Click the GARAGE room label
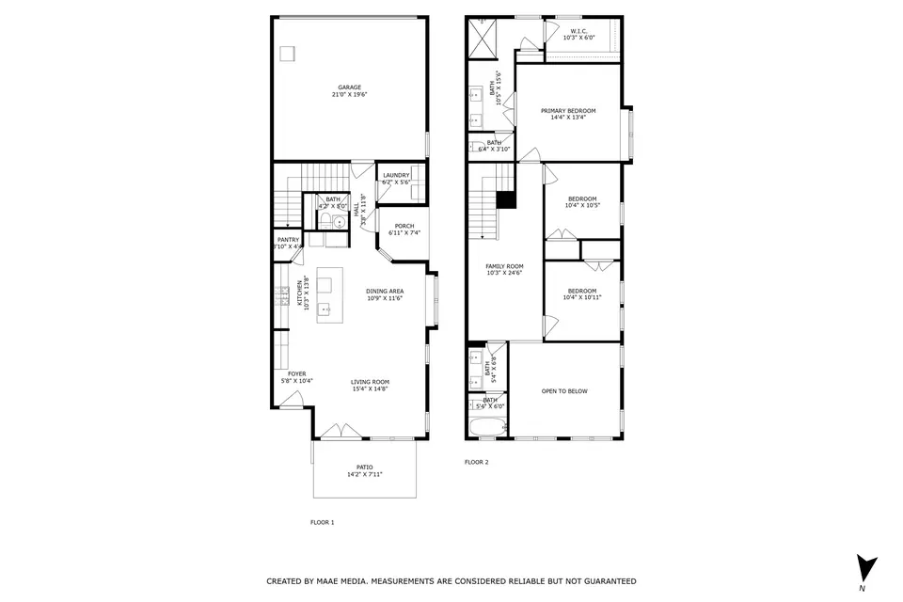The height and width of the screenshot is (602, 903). tap(349, 87)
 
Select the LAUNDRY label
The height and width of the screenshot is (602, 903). tap(396, 175)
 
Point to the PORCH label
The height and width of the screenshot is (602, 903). tap(404, 226)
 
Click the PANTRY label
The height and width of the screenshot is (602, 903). tap(288, 240)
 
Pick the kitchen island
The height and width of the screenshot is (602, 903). tap(326, 295)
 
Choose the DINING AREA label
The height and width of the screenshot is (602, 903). tap(385, 292)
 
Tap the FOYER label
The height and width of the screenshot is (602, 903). tap(297, 374)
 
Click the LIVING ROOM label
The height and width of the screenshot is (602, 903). tap(370, 382)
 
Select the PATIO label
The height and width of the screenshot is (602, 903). tap(364, 467)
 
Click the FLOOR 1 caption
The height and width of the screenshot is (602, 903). tap(323, 522)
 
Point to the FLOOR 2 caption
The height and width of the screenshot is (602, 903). tap(477, 462)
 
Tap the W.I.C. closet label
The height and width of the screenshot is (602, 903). tap(579, 31)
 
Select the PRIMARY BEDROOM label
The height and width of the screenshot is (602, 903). tap(568, 111)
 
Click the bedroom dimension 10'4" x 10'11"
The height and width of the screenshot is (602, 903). tap(582, 297)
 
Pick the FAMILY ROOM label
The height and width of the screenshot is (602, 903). tap(504, 266)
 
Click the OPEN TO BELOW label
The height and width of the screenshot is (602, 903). tap(564, 391)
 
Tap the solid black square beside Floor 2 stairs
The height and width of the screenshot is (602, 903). tap(506, 199)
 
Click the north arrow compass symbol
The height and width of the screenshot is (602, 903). tap(866, 568)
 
